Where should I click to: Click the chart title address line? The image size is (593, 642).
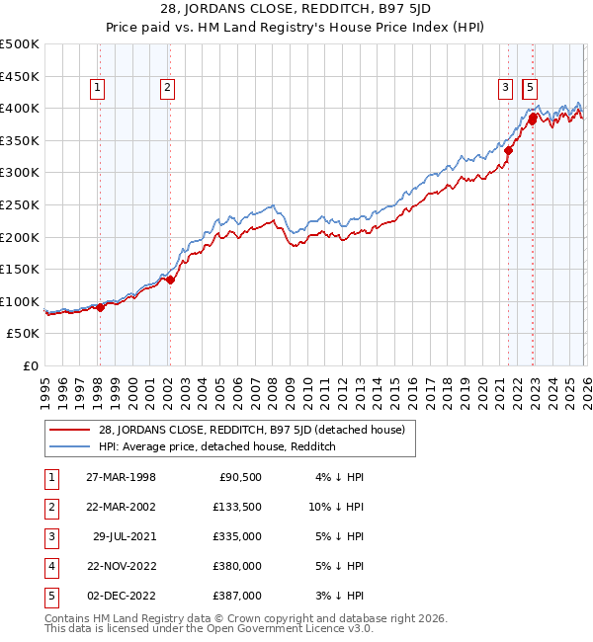[x=296, y=10]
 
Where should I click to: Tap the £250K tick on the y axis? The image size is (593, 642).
[x=20, y=204]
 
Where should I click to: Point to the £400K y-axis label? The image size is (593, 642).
[x=20, y=108]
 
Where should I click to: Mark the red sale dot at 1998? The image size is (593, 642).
[x=100, y=307]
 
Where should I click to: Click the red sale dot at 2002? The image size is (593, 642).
[x=170, y=280]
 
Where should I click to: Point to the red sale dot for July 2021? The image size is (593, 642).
[x=510, y=151]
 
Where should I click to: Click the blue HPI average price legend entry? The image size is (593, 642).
[x=217, y=446]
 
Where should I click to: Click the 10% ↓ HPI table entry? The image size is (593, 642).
[x=335, y=507]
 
